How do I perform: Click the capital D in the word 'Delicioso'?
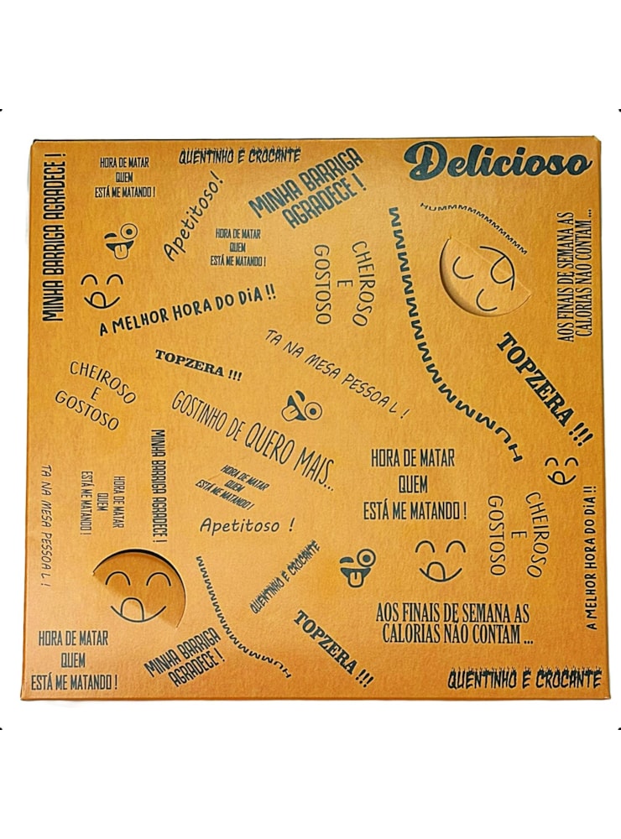(x=424, y=161)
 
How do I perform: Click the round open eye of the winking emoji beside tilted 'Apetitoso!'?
(x=129, y=232)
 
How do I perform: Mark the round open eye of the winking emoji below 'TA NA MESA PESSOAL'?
(x=313, y=410)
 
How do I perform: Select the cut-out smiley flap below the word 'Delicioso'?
(x=484, y=275)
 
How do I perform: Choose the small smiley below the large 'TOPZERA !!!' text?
(x=561, y=470)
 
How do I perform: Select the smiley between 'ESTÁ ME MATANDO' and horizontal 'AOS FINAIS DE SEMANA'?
(x=441, y=560)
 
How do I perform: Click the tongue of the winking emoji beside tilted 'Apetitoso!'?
(x=119, y=250)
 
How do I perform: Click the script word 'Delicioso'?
(x=498, y=161)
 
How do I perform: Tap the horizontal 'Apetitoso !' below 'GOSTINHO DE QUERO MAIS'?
(x=248, y=525)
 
